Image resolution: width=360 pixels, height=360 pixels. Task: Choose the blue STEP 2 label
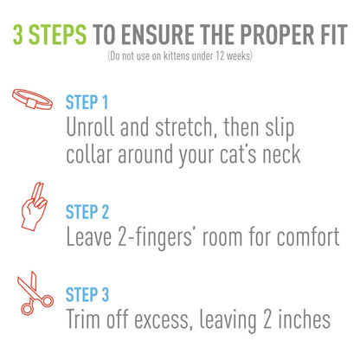coord(87,211)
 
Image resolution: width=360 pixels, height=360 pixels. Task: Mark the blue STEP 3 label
coord(87,293)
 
